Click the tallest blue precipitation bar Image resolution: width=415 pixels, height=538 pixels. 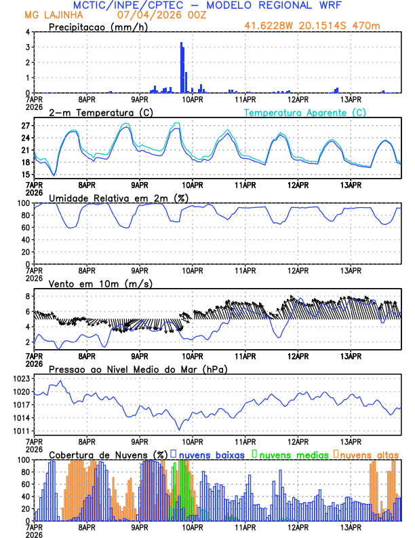tap(181, 68)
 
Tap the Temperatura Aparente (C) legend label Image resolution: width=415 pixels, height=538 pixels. tap(304, 112)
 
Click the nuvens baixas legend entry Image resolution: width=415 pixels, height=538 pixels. tap(211, 454)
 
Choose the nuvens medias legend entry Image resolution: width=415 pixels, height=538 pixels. tap(291, 454)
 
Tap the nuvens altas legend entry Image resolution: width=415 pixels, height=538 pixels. tap(368, 454)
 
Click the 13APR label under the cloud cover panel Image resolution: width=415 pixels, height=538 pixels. tap(350, 527)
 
